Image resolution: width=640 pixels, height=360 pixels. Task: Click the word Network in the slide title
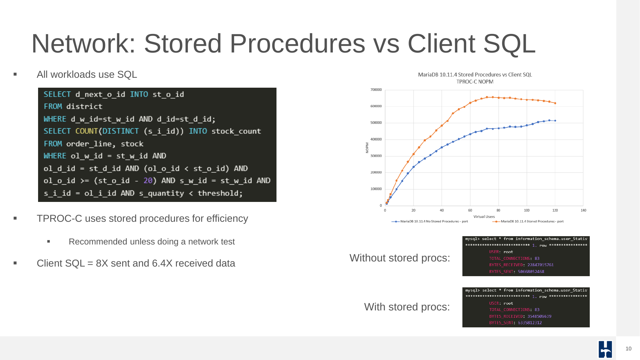84,44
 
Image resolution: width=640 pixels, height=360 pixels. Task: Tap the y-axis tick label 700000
376,90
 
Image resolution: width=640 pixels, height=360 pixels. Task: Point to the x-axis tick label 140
583,210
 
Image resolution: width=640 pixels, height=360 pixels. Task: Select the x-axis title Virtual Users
484,217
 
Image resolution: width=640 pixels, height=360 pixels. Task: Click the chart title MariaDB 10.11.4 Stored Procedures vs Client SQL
475,75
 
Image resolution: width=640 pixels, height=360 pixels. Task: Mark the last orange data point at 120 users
555,103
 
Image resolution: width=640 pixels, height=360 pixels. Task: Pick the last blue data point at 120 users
555,121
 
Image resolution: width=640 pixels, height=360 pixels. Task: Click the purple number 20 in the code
148,181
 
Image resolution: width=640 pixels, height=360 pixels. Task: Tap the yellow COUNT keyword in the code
86,131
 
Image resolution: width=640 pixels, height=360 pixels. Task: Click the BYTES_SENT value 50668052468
531,272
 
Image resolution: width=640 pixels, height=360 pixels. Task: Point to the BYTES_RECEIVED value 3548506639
539,316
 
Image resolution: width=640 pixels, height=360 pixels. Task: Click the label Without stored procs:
400,258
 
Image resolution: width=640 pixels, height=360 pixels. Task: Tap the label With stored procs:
407,307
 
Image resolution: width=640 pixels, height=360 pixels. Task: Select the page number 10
628,349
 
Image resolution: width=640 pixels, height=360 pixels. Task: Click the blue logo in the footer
605,349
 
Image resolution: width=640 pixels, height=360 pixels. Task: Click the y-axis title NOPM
367,148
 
